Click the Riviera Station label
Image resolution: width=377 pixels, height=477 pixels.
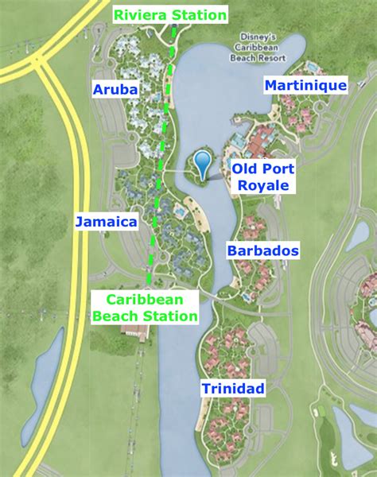click(x=170, y=14)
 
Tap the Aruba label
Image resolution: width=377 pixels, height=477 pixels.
click(x=116, y=89)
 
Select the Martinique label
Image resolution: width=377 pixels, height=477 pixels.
click(x=305, y=85)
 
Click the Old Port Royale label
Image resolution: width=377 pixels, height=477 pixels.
click(x=262, y=176)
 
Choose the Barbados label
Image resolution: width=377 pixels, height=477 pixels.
click(x=263, y=251)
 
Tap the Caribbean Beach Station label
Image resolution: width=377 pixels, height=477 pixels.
click(x=144, y=307)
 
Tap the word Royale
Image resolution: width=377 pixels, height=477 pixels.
click(x=262, y=185)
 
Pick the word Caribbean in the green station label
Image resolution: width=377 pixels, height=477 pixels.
click(x=144, y=299)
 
